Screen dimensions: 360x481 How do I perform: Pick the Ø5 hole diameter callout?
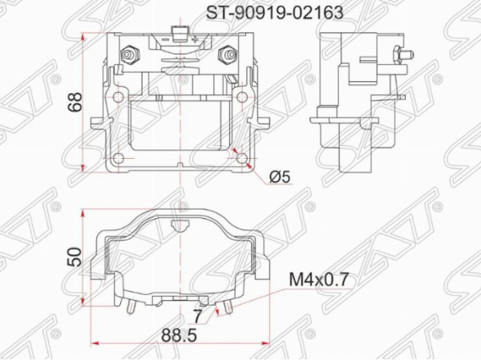pos(280,175)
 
